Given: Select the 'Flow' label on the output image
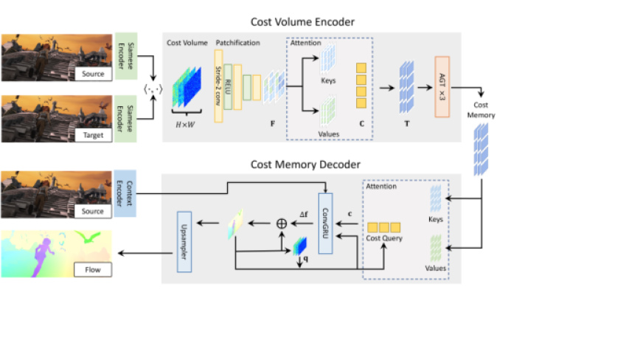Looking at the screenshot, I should point(92,270).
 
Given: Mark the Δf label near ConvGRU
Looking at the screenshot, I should point(304,214).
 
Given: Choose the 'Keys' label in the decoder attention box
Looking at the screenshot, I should point(437,219).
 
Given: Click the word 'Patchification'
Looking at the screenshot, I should point(237,43).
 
